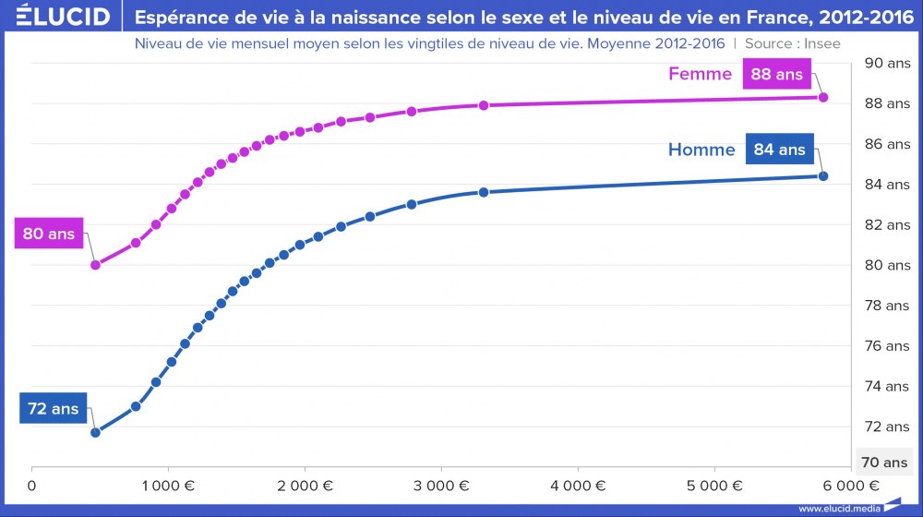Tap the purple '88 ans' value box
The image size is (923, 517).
click(777, 74)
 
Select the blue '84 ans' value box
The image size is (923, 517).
click(780, 149)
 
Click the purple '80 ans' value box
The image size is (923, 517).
click(48, 234)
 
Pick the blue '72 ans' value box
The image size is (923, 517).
click(53, 407)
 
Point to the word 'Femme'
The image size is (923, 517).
click(701, 74)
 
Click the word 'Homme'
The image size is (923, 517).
click(701, 150)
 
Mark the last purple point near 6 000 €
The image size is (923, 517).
click(823, 97)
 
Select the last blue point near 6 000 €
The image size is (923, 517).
click(823, 176)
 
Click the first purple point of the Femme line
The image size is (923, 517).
click(95, 265)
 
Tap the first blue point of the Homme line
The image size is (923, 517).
click(95, 432)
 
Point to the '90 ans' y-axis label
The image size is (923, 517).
click(884, 64)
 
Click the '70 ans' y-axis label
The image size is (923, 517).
click(884, 462)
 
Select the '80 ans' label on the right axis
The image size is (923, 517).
click(884, 265)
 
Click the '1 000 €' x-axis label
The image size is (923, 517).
click(169, 485)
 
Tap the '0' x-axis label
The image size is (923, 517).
click(32, 485)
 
